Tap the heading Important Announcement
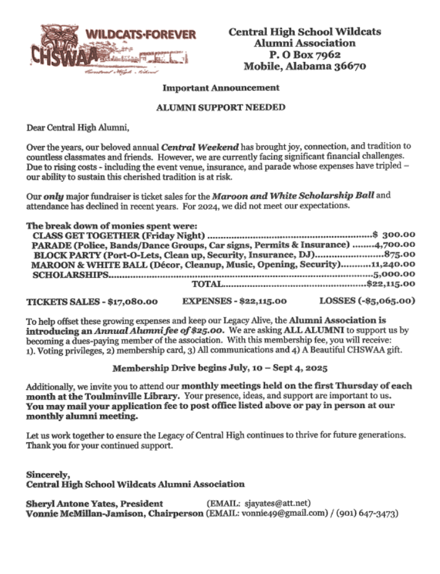point(221,88)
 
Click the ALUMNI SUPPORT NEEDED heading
point(221,108)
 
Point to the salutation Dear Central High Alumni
point(78,128)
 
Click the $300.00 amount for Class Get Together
point(394,235)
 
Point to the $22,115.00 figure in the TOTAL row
point(391,284)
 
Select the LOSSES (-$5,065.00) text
point(367,302)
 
